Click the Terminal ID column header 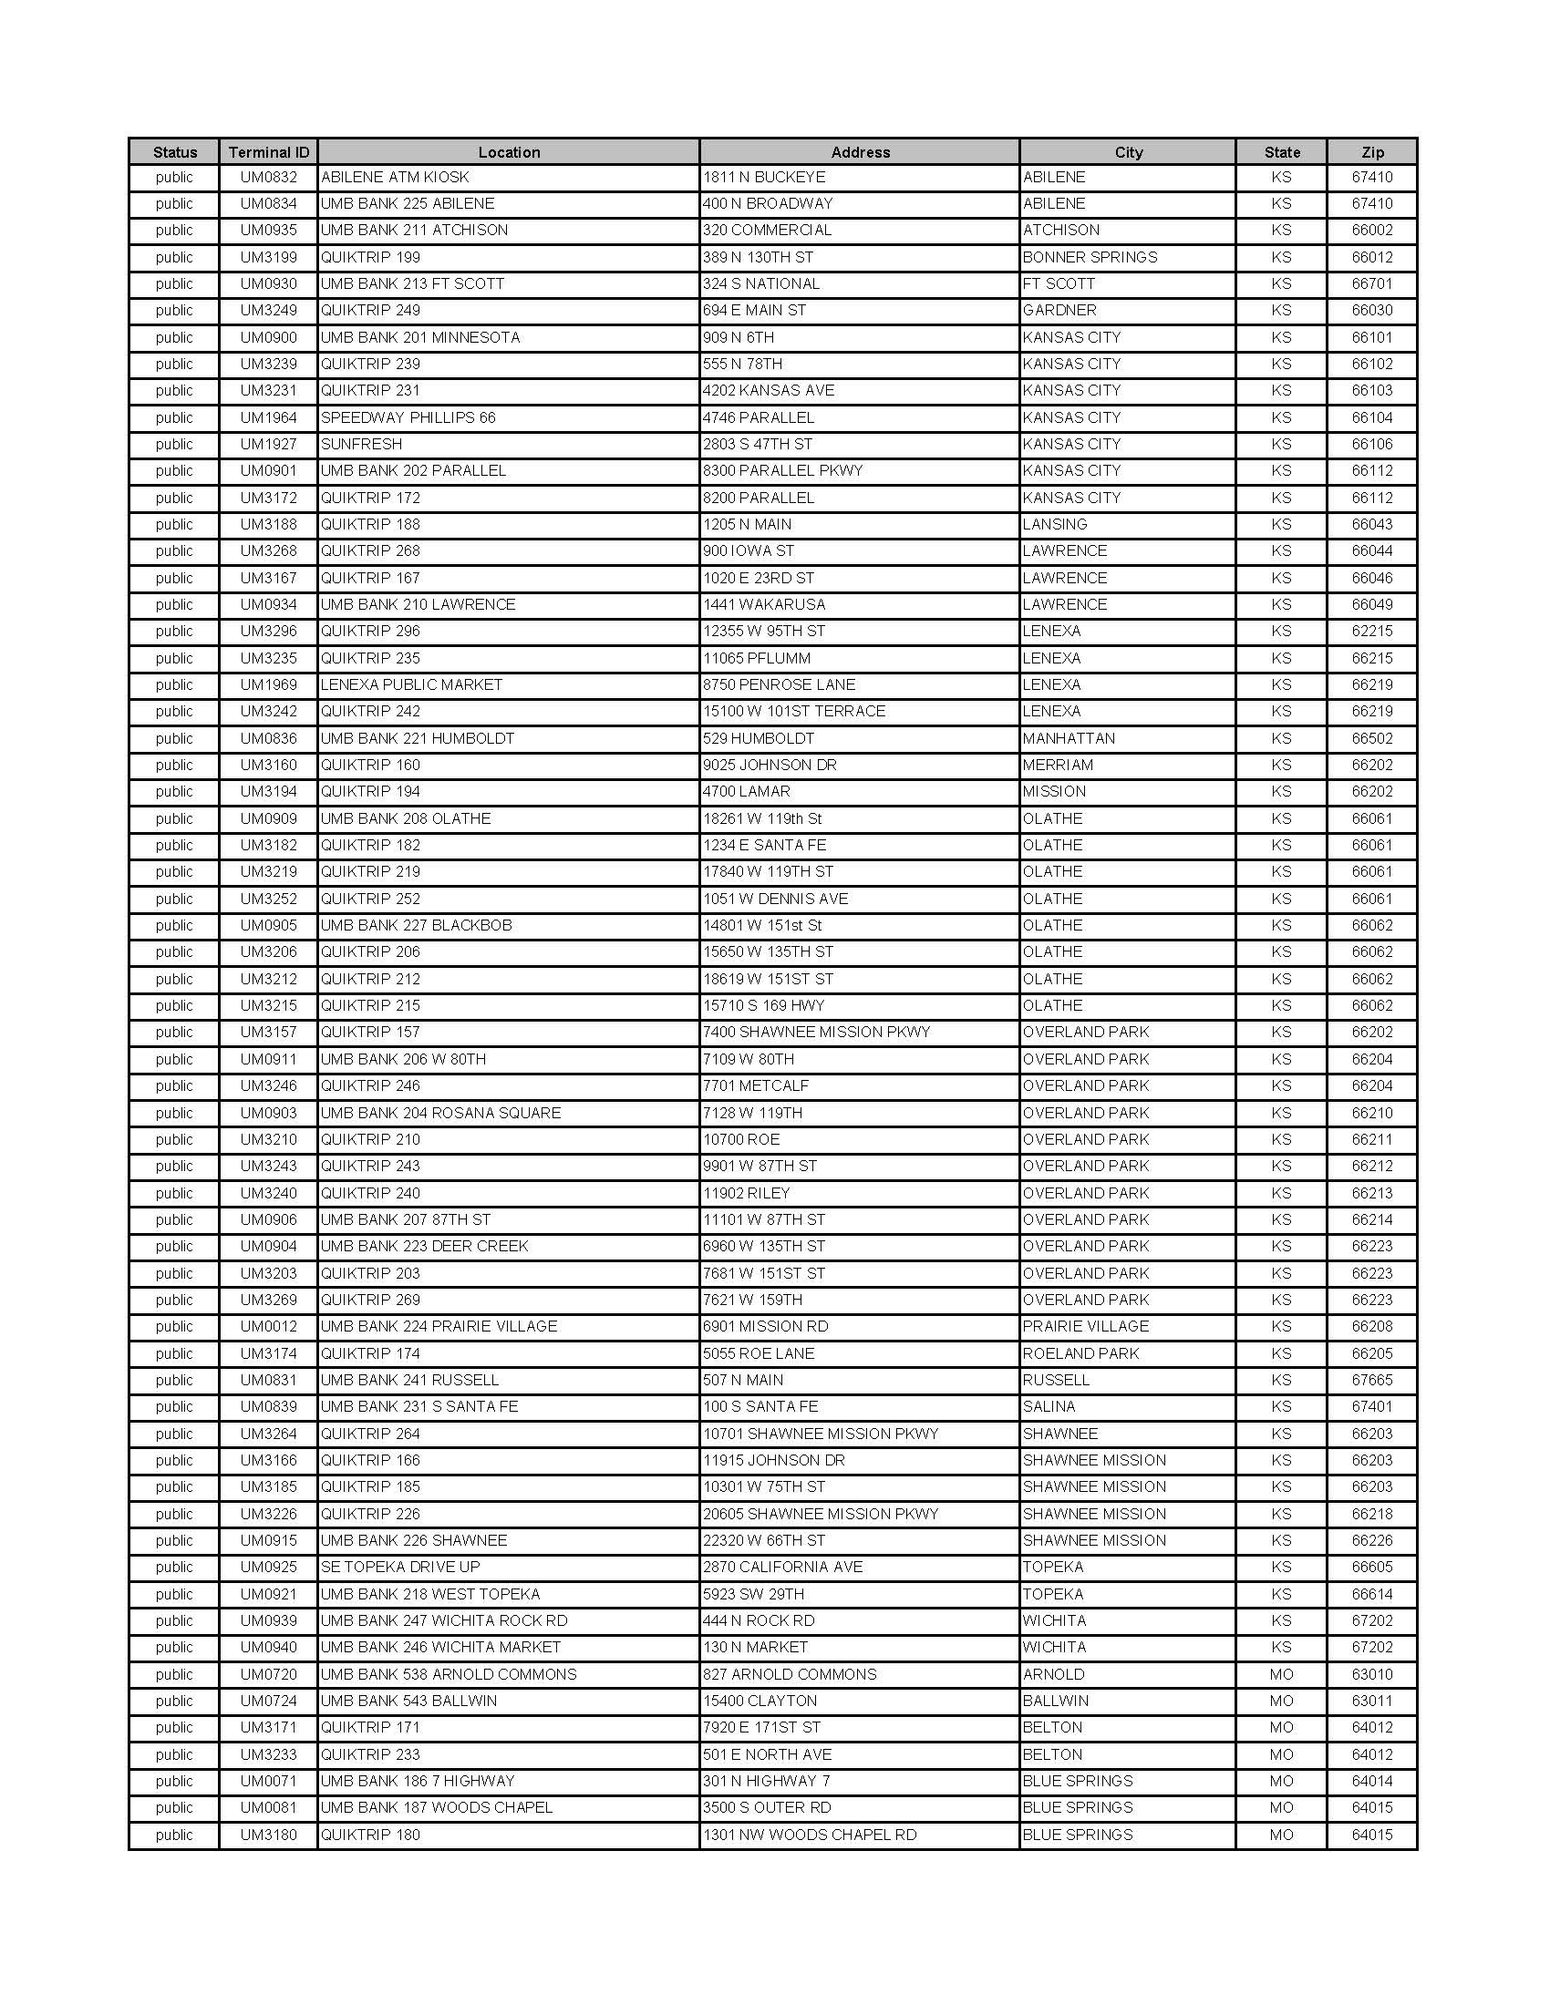point(268,152)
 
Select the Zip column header point(1372,152)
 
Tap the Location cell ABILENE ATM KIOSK point(395,177)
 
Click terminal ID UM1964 point(268,417)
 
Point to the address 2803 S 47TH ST point(758,445)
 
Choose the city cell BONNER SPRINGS point(1090,257)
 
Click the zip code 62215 point(1372,632)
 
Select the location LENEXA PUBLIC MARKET point(411,684)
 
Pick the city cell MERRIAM point(1058,765)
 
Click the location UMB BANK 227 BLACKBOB point(416,925)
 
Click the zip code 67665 point(1372,1380)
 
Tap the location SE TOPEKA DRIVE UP point(400,1568)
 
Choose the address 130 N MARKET point(756,1647)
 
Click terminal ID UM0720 point(268,1674)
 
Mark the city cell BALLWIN point(1056,1702)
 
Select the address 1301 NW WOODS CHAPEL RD point(810,1835)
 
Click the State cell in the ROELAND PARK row point(1281,1353)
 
